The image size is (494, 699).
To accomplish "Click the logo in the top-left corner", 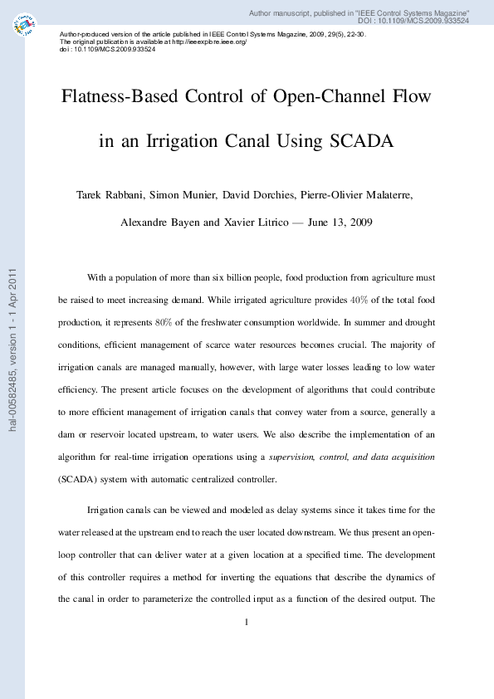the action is coord(25,26).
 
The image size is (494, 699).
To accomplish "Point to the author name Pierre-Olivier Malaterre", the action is coord(360,196).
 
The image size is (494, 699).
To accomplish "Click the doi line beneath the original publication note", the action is coord(108,50).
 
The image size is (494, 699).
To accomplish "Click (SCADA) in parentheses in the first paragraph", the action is coord(81,479).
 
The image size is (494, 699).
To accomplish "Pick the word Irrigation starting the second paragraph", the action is coord(109,510).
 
